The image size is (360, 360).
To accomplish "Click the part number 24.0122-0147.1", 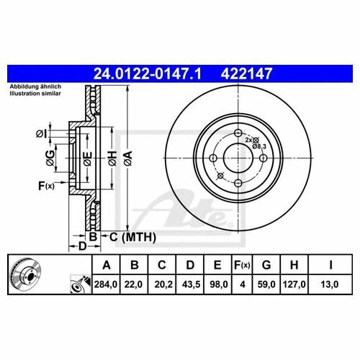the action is coord(147,73).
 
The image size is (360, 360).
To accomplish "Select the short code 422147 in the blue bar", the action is coord(246,73).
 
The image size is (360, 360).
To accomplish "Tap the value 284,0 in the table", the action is coord(106,284).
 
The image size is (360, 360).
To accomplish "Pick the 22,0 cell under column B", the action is coord(133,284).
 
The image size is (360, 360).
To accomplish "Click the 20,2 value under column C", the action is coord(163,284).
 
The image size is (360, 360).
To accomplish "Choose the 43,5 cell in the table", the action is coord(192,284).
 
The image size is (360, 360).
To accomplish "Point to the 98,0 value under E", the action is coord(219,284).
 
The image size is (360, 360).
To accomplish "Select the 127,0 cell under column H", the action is coord(294,284).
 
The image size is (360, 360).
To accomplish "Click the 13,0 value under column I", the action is coord(330,284).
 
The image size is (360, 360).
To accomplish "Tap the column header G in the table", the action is coord(266,265).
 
